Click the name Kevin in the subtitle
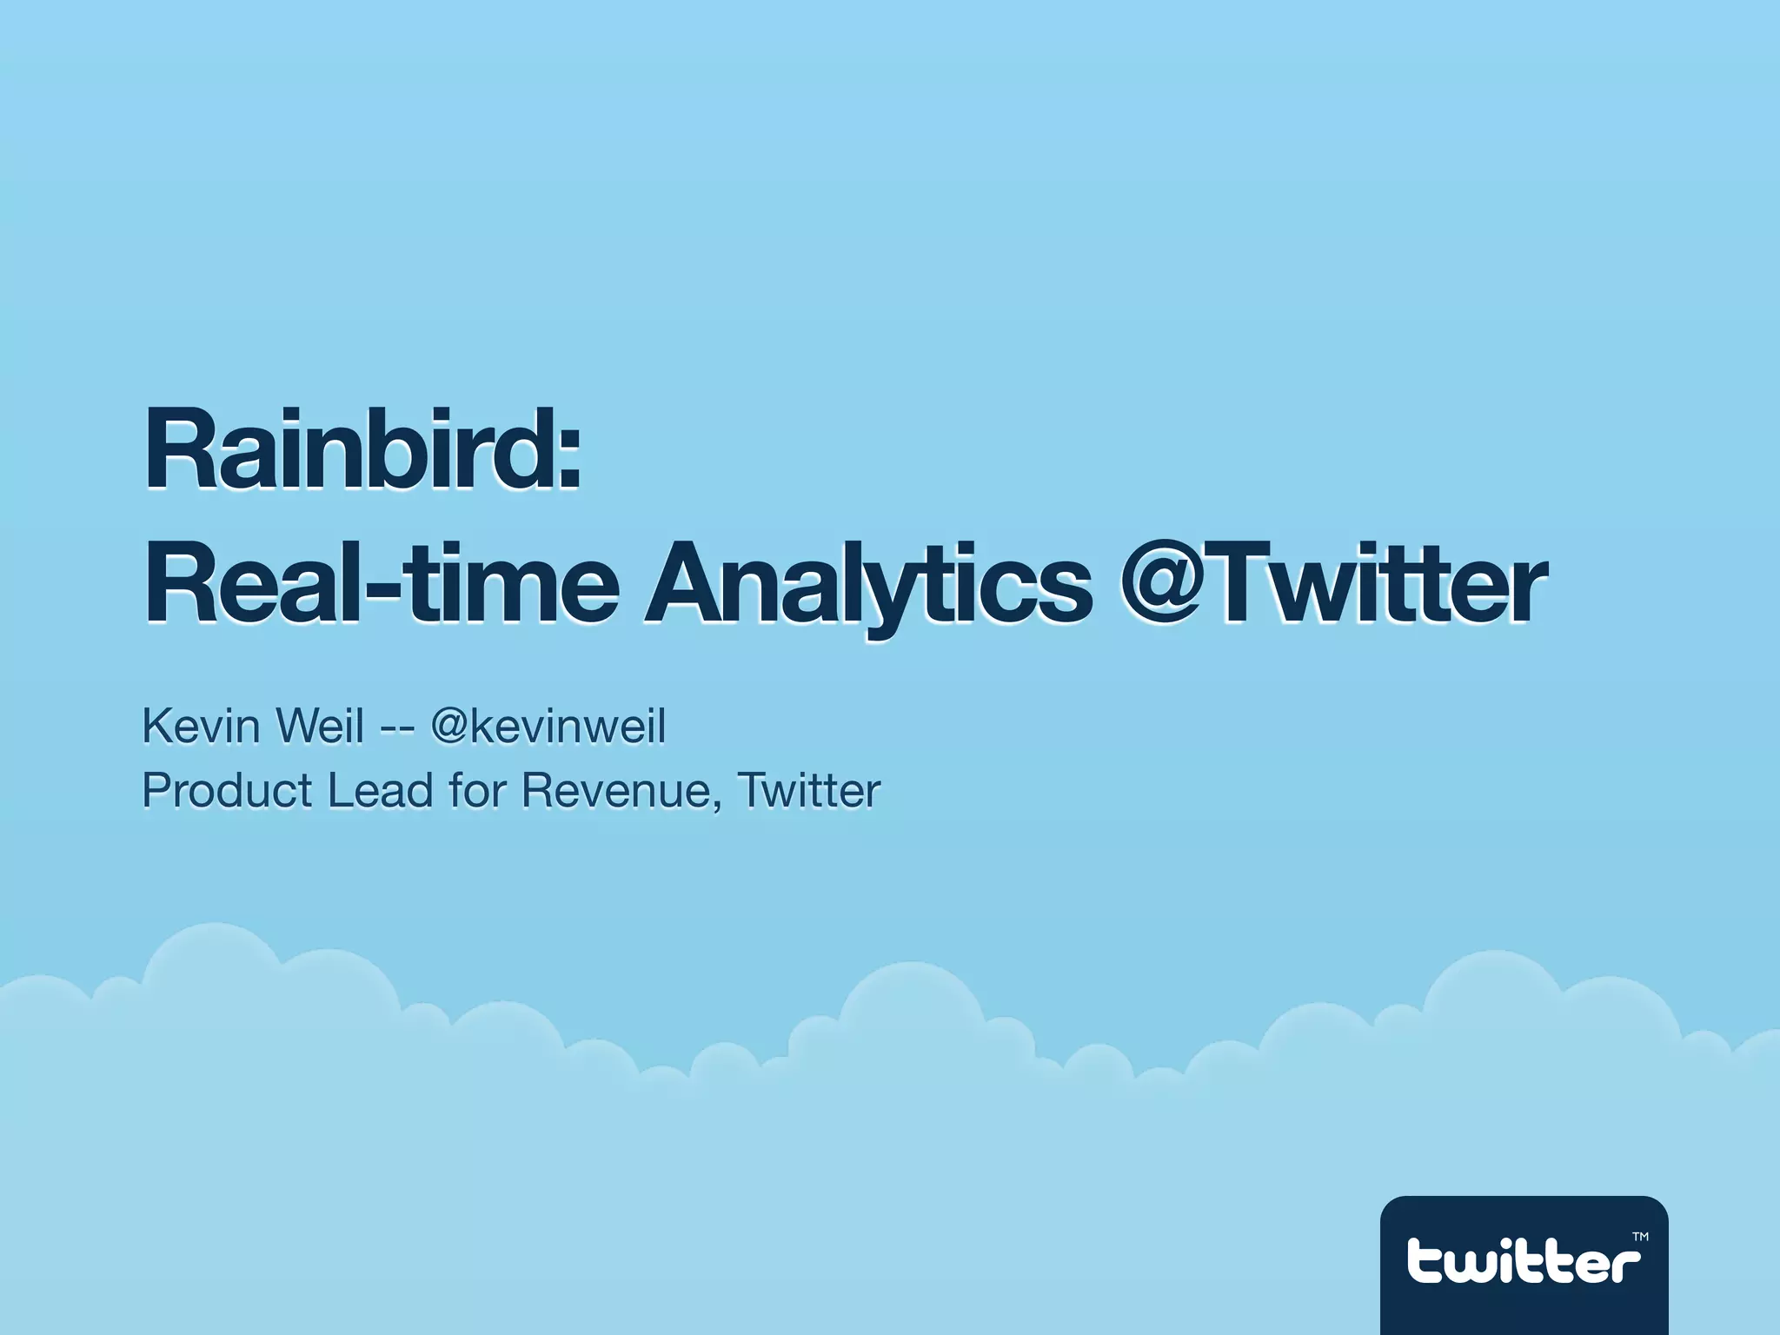click(x=200, y=726)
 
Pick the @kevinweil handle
click(x=548, y=726)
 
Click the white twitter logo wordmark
click(x=1523, y=1261)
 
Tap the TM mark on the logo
click(x=1639, y=1236)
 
